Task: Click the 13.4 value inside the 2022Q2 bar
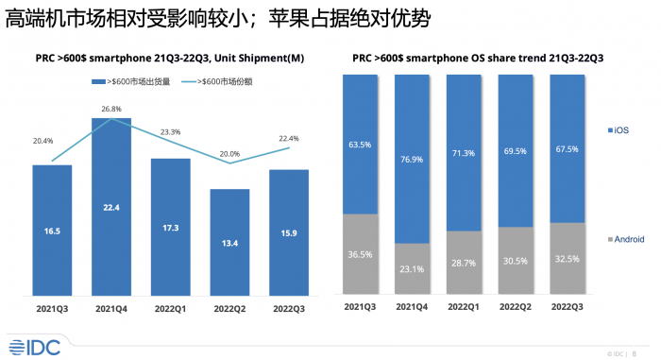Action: click(230, 254)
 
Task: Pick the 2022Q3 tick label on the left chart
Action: click(289, 308)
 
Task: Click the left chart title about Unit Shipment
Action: click(171, 59)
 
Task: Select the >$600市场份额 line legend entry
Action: click(220, 81)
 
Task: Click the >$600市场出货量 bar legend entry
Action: click(131, 81)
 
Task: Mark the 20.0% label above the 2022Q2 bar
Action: click(230, 153)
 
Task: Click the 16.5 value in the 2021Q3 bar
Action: click(52, 230)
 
